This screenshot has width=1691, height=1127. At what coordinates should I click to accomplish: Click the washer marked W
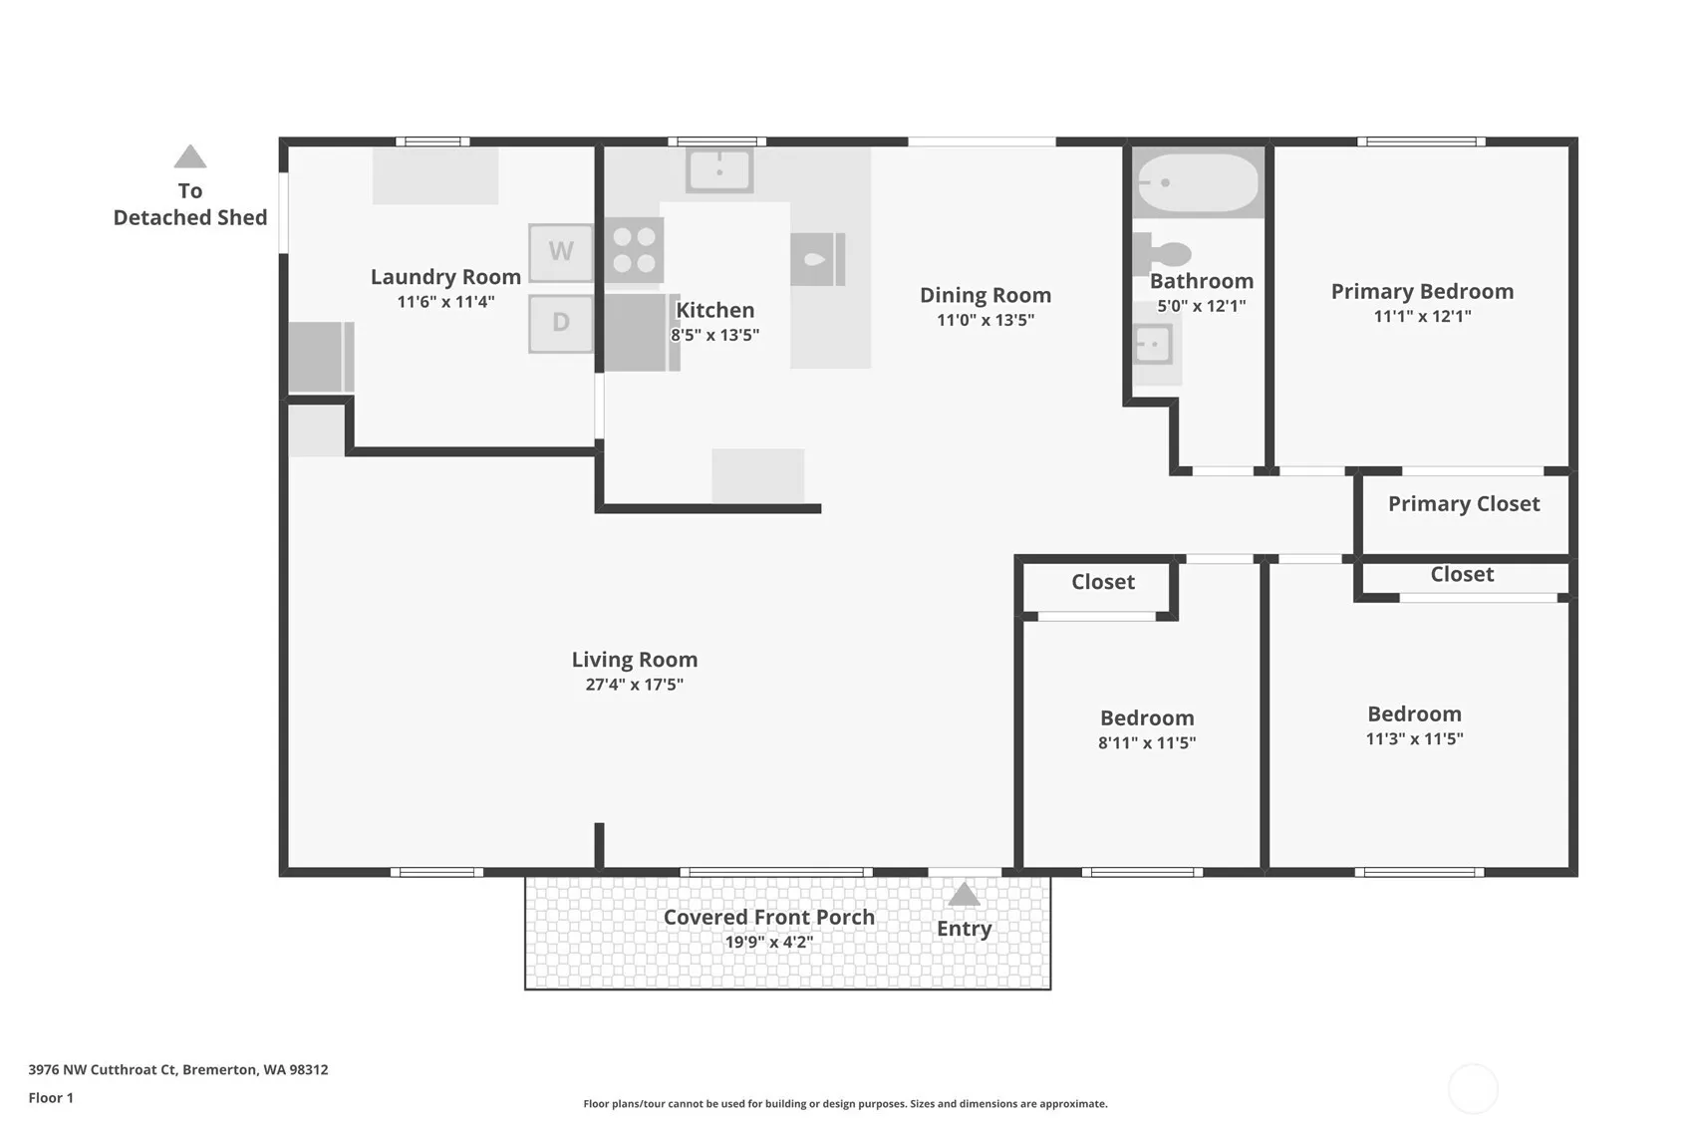pos(561,252)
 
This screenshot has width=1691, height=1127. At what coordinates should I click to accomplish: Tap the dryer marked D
pos(561,323)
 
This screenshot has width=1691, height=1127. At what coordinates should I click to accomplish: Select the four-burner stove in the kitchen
pos(634,250)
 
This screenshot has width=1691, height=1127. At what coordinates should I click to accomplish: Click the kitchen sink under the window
pos(719,169)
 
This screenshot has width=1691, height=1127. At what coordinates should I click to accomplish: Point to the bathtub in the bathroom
pos(1198,182)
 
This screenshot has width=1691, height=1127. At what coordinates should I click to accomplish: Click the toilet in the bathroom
pos(1161,254)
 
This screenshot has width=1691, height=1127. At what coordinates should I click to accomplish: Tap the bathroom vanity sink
pos(1153,344)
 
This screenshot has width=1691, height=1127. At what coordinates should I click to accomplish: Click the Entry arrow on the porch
pos(964,895)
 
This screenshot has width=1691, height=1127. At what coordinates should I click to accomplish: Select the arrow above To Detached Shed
pos(190,156)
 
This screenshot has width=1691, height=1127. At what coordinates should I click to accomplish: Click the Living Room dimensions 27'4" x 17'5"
pos(634,685)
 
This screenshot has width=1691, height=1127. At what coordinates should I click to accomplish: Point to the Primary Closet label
pos(1464,504)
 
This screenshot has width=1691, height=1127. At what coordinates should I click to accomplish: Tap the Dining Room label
pos(986,295)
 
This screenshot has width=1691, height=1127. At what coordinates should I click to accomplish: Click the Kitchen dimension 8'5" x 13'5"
pos(714,335)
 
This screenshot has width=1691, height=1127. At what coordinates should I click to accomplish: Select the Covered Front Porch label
pos(769,917)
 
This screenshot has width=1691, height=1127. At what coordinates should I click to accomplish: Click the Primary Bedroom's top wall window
pos(1422,141)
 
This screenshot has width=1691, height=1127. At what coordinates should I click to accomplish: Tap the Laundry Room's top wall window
pos(433,141)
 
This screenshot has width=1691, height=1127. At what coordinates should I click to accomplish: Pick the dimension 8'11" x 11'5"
pos(1147,742)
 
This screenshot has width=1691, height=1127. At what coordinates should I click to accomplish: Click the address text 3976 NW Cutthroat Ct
pos(103,1069)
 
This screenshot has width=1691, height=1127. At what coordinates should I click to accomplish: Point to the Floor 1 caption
pos(52,1098)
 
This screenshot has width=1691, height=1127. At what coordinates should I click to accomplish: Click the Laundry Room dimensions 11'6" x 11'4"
pos(446,302)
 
